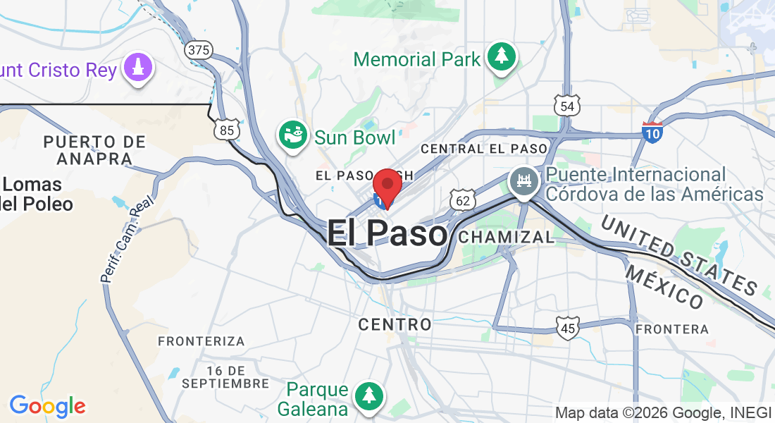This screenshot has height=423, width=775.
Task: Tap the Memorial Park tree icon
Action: pyautogui.click(x=501, y=56)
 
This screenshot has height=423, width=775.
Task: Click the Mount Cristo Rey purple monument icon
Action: pyautogui.click(x=137, y=68)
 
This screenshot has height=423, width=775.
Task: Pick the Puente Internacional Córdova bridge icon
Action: pyautogui.click(x=523, y=182)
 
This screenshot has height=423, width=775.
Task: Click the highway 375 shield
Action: pyautogui.click(x=199, y=50)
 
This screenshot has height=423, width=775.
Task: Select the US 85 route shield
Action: pyautogui.click(x=227, y=130)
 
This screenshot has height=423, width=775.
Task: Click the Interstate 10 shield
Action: pyautogui.click(x=652, y=130)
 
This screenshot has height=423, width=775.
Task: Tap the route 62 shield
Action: pyautogui.click(x=462, y=201)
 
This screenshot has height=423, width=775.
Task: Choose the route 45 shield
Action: pyautogui.click(x=567, y=327)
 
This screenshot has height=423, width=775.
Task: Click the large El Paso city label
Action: pyautogui.click(x=387, y=234)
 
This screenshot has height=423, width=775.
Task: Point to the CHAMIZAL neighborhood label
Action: pyautogui.click(x=506, y=238)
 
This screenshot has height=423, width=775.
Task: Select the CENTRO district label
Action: pyautogui.click(x=395, y=324)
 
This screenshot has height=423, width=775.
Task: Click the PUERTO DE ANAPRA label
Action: pyautogui.click(x=94, y=149)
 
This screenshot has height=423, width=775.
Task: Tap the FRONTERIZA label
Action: pyautogui.click(x=201, y=341)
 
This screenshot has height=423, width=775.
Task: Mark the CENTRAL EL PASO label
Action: pyautogui.click(x=483, y=149)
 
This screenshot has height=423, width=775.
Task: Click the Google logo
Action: pyautogui.click(x=47, y=406)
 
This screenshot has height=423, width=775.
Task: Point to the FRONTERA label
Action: pyautogui.click(x=671, y=329)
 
